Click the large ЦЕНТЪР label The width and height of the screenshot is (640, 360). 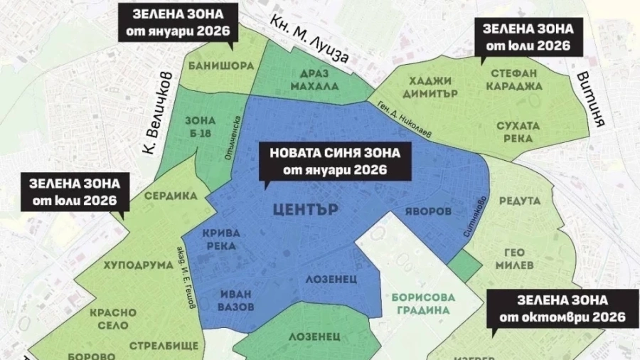[305, 210]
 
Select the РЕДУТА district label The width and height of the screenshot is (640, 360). [520, 202]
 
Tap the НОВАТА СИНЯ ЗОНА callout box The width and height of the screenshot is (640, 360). [335, 161]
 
